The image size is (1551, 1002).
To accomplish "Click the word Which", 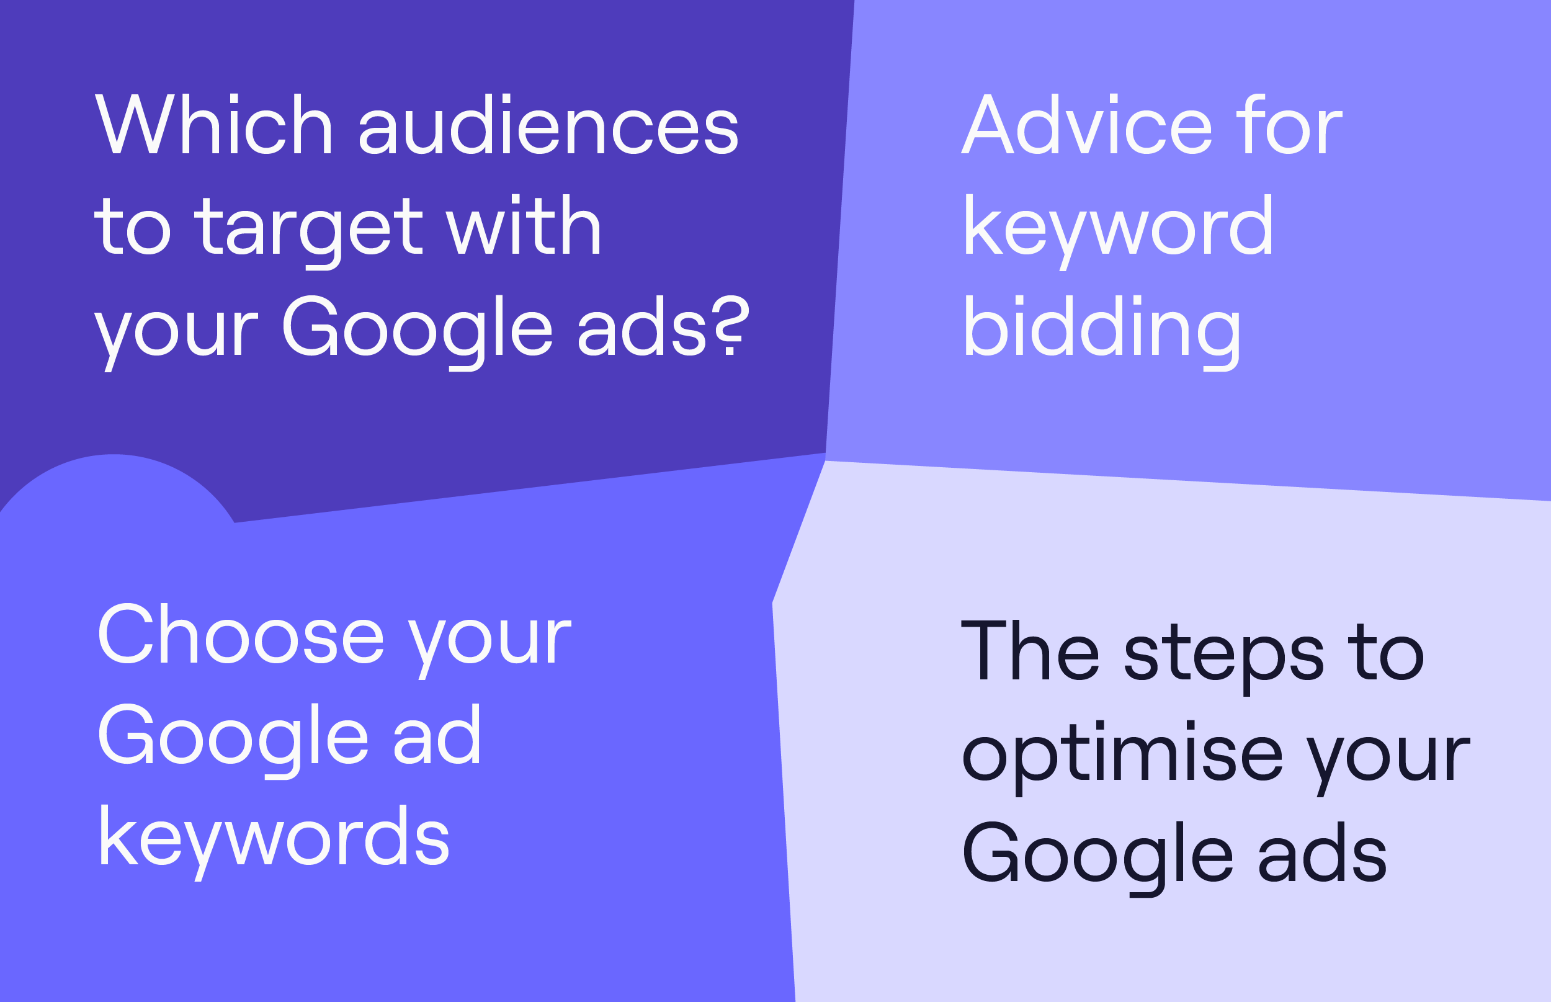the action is (x=214, y=124).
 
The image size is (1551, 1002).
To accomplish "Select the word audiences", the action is (x=548, y=124).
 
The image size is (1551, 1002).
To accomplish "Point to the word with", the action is (x=524, y=225).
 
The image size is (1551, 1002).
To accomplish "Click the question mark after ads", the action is (x=732, y=325).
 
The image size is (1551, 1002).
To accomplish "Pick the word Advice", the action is (x=1086, y=124).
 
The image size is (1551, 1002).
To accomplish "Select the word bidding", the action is (x=1102, y=332).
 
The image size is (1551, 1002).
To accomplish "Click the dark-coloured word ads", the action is (x=1323, y=852).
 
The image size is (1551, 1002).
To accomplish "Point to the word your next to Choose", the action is (x=490, y=647).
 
